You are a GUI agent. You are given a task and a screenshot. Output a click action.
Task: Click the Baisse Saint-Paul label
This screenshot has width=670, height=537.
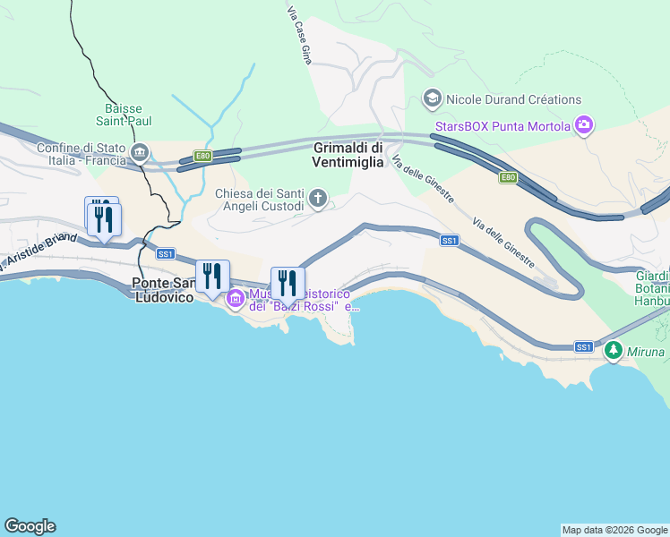[128, 115]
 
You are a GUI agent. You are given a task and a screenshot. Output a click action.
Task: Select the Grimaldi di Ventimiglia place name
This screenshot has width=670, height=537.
[348, 155]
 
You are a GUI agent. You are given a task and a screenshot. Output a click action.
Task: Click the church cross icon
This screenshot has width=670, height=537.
[317, 197]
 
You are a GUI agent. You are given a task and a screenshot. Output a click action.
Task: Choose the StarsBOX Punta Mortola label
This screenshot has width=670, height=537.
[502, 126]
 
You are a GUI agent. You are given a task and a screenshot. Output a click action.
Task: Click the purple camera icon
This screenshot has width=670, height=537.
[584, 125]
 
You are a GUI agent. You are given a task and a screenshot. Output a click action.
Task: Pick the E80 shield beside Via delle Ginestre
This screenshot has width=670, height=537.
[509, 177]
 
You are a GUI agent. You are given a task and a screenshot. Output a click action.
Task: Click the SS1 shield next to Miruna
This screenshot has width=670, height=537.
[583, 346]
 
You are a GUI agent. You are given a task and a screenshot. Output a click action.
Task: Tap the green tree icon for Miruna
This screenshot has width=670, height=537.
[614, 350]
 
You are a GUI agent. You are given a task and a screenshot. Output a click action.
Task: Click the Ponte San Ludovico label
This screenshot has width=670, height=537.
[164, 290]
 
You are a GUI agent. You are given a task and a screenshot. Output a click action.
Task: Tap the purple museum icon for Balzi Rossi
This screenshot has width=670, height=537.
[235, 298]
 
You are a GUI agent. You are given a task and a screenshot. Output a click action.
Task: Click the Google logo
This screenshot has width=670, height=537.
[30, 526]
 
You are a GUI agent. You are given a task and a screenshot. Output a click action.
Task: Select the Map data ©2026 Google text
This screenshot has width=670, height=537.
[614, 530]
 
